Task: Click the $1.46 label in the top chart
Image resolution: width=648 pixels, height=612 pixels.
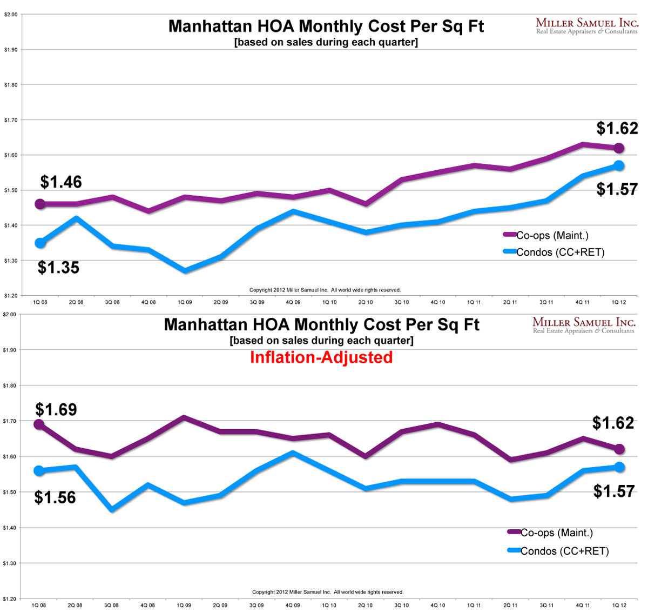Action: [61, 182]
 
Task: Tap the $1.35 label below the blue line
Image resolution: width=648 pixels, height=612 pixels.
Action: [58, 268]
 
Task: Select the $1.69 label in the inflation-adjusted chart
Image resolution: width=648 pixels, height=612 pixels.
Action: [56, 410]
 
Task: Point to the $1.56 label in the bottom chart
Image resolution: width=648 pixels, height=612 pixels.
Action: [55, 497]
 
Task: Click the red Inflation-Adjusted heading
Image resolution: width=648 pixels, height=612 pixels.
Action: [321, 357]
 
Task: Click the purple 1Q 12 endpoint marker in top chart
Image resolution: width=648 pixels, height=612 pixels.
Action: [619, 148]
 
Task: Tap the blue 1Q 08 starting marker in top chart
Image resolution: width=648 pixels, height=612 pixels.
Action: [40, 243]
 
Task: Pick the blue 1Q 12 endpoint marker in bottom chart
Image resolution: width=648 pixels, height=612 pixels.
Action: [619, 467]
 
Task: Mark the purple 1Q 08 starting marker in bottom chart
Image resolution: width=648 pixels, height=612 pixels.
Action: [39, 424]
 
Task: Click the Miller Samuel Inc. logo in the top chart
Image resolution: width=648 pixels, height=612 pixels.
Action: [586, 25]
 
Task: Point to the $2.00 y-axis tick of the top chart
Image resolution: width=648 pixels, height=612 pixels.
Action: [11, 15]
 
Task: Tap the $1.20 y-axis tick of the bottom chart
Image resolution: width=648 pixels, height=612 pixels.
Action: [11, 598]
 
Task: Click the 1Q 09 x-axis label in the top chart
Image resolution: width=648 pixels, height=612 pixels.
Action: [185, 302]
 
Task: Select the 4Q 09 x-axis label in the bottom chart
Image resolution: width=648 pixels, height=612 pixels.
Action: [293, 605]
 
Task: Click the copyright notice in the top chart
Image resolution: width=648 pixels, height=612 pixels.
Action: [325, 290]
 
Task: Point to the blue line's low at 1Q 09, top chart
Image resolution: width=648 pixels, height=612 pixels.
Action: [185, 270]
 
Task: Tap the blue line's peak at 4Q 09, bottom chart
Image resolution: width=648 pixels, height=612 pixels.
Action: [293, 453]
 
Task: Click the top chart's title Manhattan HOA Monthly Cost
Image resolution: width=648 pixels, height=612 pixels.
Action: [326, 26]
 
